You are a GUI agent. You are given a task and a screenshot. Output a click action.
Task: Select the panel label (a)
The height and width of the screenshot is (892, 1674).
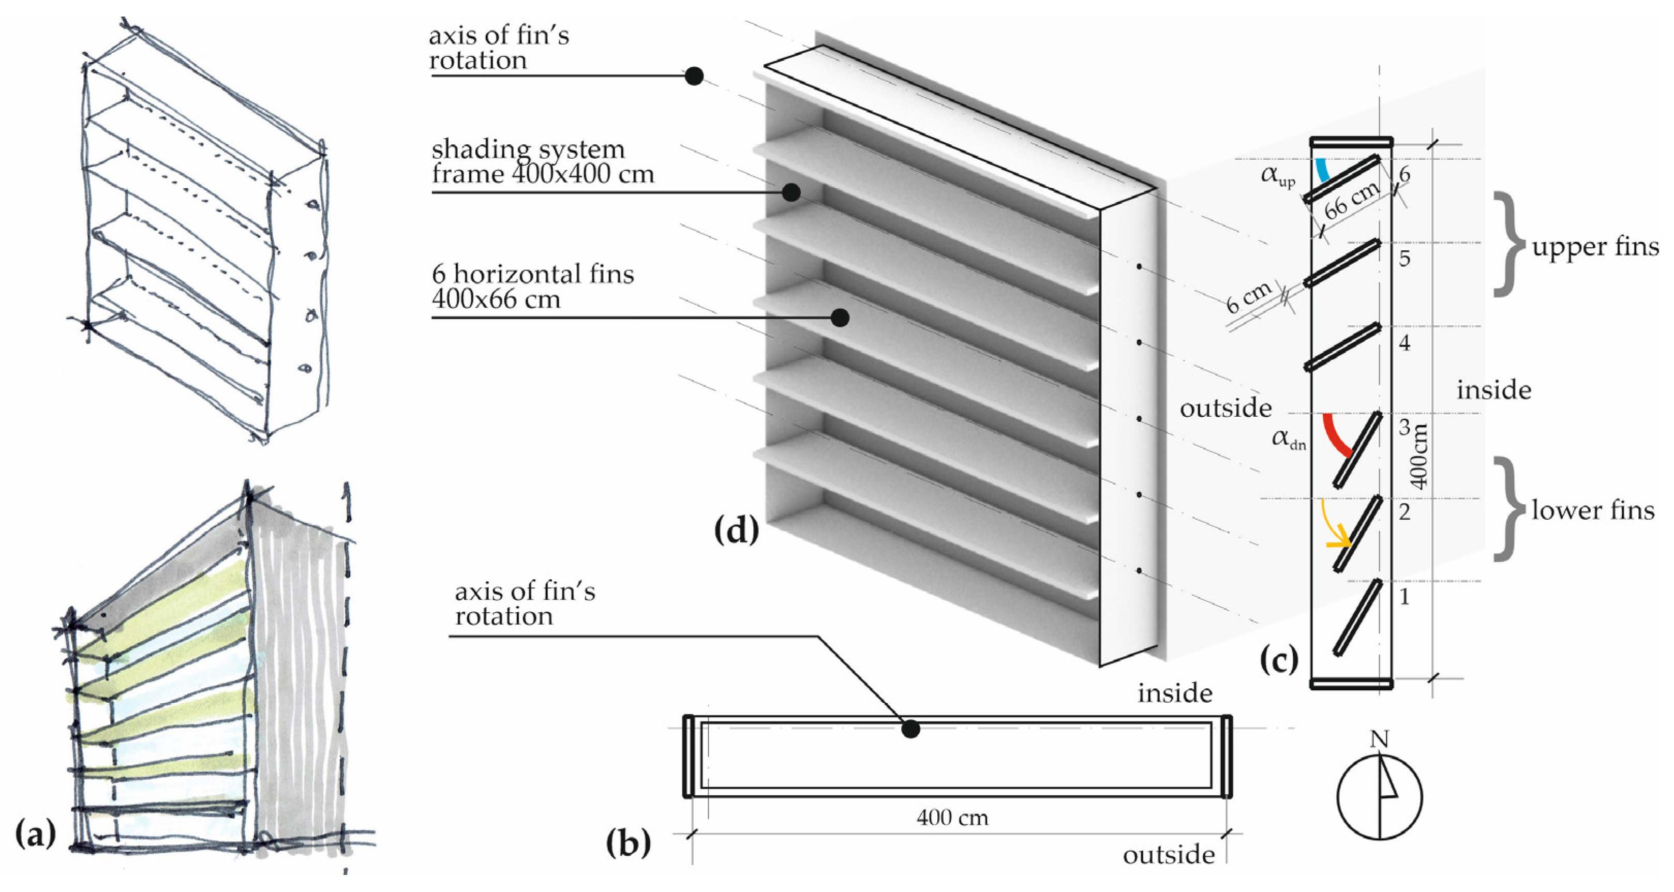[36, 834]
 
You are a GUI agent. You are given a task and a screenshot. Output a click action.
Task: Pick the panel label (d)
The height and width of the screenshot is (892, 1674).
[736, 530]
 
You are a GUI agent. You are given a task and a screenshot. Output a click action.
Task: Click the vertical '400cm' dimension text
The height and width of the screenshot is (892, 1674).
[1420, 456]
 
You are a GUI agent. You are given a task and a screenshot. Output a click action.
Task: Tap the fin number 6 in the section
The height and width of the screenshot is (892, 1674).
[1404, 174]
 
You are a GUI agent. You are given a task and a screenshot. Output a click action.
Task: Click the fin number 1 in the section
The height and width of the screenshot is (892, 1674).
[1404, 596]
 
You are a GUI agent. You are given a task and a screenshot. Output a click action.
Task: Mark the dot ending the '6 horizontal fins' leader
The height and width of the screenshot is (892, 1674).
[840, 318]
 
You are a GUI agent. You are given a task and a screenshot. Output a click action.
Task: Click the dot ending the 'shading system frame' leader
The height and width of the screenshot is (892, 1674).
[791, 192]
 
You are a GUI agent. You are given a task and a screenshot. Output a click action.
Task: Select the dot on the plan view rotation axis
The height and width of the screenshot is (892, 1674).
[911, 729]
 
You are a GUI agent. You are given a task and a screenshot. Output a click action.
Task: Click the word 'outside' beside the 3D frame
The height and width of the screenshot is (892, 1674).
[1225, 408]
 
